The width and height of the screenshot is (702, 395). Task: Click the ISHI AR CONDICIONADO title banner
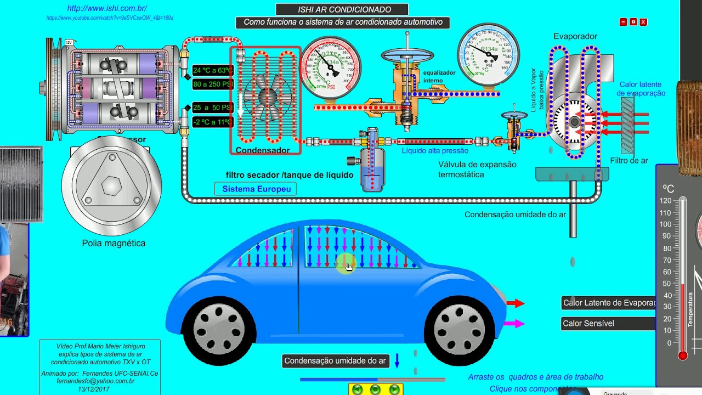tap(342, 9)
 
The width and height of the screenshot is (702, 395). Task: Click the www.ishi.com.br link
tap(107, 8)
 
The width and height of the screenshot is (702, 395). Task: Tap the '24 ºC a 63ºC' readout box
tap(213, 70)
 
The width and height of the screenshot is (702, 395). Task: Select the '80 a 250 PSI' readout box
tap(213, 84)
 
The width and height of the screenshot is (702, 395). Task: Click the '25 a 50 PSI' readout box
tap(213, 108)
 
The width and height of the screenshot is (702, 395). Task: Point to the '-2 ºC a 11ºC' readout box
tap(213, 122)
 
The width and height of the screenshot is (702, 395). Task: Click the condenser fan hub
tap(267, 97)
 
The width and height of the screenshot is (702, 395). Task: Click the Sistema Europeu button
tap(256, 189)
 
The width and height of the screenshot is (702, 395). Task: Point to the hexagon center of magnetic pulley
tap(111, 186)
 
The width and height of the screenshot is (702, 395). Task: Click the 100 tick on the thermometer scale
tap(665, 224)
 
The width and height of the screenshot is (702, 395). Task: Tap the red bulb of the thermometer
tap(682, 356)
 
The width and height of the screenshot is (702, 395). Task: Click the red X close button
tap(643, 22)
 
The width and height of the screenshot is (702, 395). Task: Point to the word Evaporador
tap(575, 36)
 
